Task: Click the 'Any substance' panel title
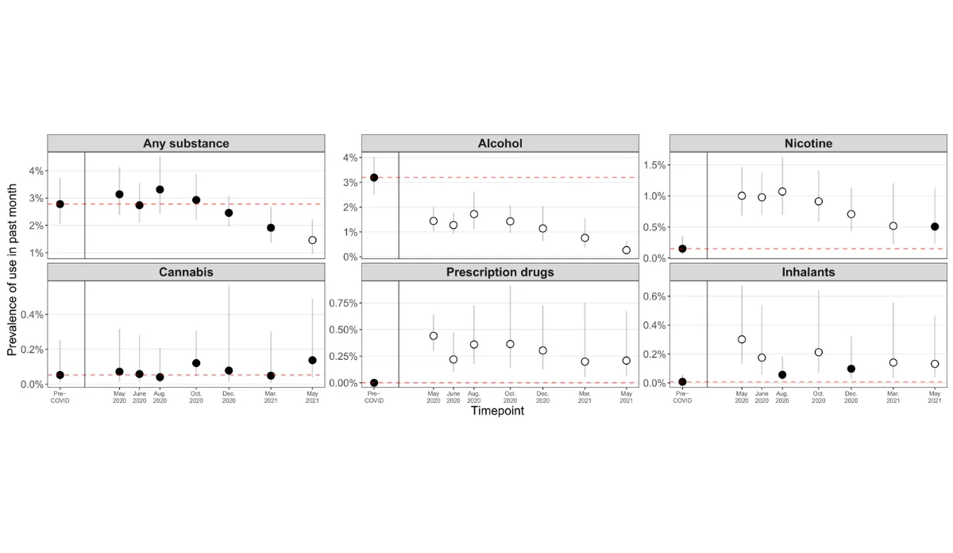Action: pyautogui.click(x=186, y=144)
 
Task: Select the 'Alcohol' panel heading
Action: pyautogui.click(x=500, y=144)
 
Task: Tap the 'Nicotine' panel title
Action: pyautogui.click(x=808, y=144)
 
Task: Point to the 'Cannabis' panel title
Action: pyautogui.click(x=186, y=272)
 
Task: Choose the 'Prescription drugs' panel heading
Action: pyautogui.click(x=500, y=272)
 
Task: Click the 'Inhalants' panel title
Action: pyautogui.click(x=808, y=272)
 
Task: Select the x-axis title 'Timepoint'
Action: pyautogui.click(x=497, y=411)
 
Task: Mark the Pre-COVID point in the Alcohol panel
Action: pyautogui.click(x=374, y=177)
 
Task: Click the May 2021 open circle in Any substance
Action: pyautogui.click(x=312, y=240)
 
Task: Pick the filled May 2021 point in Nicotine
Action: pyautogui.click(x=935, y=226)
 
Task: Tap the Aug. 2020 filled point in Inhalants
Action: pyautogui.click(x=782, y=374)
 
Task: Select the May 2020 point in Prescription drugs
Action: pyautogui.click(x=434, y=336)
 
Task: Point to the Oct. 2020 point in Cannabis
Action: pyautogui.click(x=196, y=363)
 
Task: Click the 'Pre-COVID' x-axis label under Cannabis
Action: pyautogui.click(x=60, y=396)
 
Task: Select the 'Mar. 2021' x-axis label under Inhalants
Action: pyautogui.click(x=893, y=396)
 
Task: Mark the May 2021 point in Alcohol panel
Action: pyautogui.click(x=627, y=250)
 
